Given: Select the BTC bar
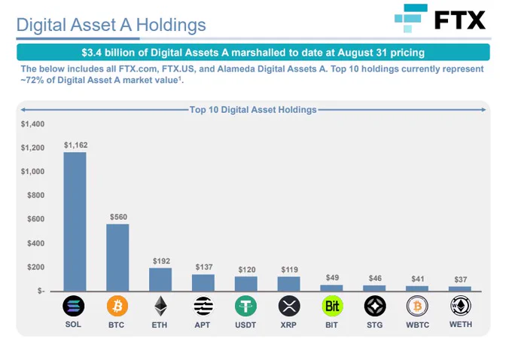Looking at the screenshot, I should (117, 257).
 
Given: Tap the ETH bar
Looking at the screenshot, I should (160, 279).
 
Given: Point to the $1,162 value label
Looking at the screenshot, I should (75, 145).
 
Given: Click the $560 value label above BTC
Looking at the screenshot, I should (118, 217).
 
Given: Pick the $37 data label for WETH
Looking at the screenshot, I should (460, 279).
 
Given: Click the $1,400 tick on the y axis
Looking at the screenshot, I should (33, 124).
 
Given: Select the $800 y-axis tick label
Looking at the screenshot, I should (35, 195).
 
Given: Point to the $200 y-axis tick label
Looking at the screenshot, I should (35, 267).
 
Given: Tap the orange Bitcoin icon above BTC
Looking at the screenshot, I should (117, 306).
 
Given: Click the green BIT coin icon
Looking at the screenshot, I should (332, 306).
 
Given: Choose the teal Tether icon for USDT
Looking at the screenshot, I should (246, 306).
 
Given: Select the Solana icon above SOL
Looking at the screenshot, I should (74, 306).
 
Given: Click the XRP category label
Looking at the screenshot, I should (289, 325).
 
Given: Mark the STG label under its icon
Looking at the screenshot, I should (374, 325).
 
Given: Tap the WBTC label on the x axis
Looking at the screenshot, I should (417, 325).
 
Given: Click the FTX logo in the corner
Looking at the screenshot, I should (440, 19).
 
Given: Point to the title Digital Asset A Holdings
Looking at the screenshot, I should (111, 25).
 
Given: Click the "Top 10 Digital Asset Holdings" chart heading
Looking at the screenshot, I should (253, 110).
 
